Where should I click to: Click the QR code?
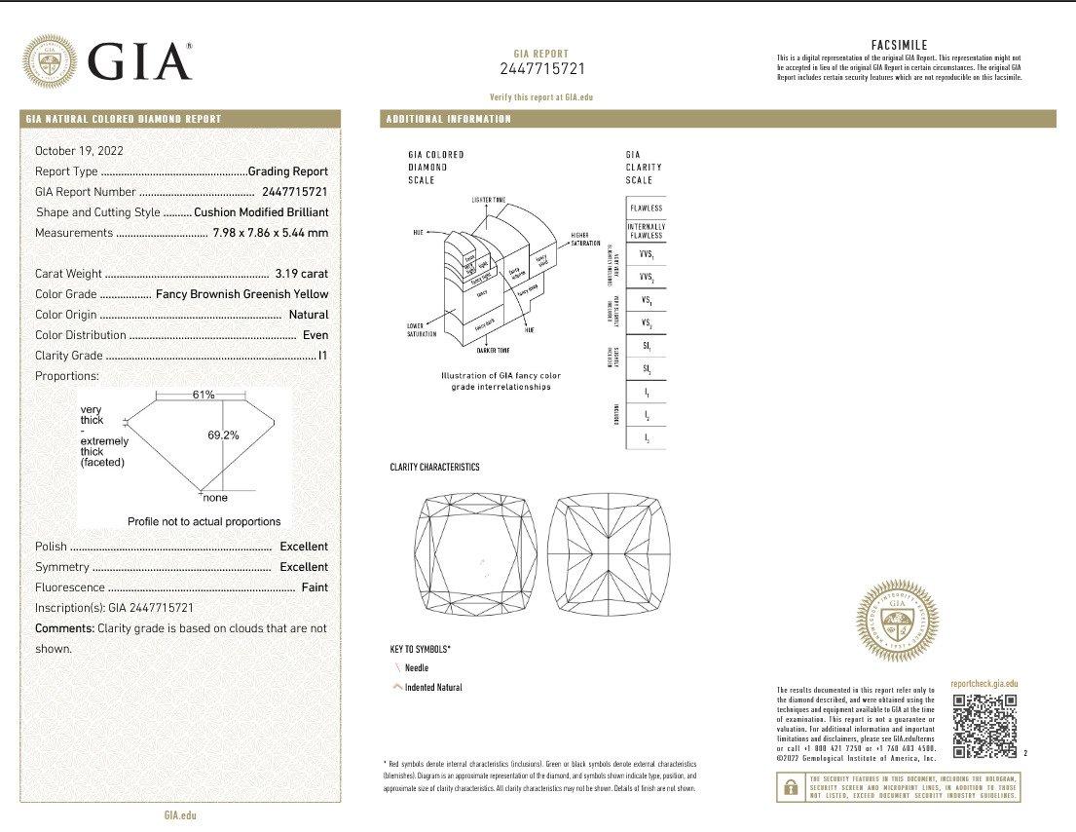pyautogui.click(x=984, y=726)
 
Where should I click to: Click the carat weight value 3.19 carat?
pyautogui.click(x=302, y=274)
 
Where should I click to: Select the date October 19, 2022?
pyautogui.click(x=79, y=151)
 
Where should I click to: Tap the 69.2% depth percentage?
pyautogui.click(x=223, y=435)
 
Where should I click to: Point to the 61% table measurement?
pyautogui.click(x=204, y=395)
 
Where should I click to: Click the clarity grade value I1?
pyautogui.click(x=322, y=356)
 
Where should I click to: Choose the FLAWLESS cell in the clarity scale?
pyautogui.click(x=646, y=208)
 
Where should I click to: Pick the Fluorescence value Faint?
pyautogui.click(x=315, y=587)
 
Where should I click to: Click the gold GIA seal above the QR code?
pyautogui.click(x=897, y=622)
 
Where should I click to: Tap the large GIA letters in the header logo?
pyautogui.click(x=139, y=60)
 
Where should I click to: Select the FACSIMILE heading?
pyautogui.click(x=898, y=45)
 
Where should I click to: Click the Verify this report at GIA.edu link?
pyautogui.click(x=540, y=97)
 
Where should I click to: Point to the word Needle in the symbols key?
pyautogui.click(x=416, y=668)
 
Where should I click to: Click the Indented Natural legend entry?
pyautogui.click(x=433, y=688)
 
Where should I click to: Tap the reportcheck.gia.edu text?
pyautogui.click(x=984, y=685)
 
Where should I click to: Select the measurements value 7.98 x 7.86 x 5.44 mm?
pyautogui.click(x=270, y=233)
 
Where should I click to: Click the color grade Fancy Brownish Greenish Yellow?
pyautogui.click(x=241, y=294)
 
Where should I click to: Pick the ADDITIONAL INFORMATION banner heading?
pyautogui.click(x=449, y=119)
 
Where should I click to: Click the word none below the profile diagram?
pyautogui.click(x=215, y=498)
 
